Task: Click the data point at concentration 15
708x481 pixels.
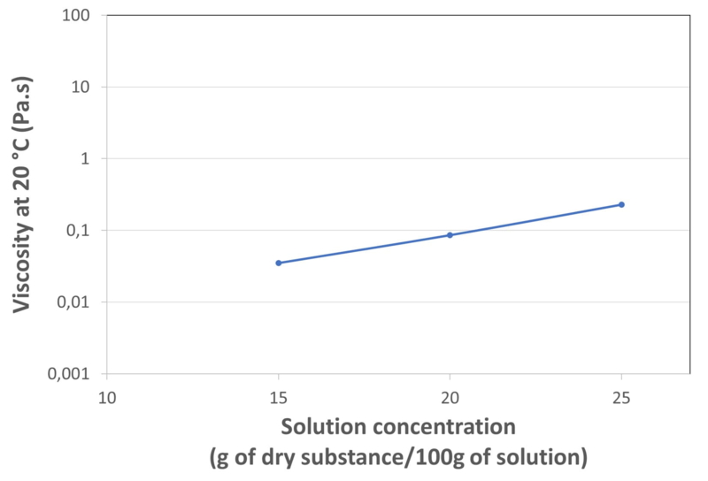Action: (279, 263)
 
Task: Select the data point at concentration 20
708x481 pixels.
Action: (450, 235)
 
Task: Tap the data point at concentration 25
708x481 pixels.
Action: (621, 204)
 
